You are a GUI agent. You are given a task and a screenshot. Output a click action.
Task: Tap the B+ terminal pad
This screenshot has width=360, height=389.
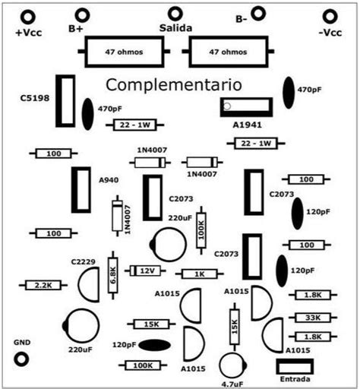point(81,14)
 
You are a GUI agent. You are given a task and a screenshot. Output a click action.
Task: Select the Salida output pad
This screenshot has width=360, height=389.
point(175,13)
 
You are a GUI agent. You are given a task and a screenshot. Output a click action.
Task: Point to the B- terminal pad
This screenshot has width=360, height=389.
point(258,13)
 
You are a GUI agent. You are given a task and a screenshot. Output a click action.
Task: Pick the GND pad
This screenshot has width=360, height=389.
point(23,359)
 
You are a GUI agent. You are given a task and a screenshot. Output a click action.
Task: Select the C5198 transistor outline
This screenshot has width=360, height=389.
point(66,101)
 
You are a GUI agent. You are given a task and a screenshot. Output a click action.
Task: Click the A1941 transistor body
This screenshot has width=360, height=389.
point(245,107)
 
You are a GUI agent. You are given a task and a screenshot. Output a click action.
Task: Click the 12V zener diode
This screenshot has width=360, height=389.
point(144,270)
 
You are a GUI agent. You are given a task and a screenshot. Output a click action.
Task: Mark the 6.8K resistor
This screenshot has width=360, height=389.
point(113,271)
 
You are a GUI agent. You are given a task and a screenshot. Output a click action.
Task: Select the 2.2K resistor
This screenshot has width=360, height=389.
point(37,285)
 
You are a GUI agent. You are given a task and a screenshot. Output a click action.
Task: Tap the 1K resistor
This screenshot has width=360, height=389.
point(198,274)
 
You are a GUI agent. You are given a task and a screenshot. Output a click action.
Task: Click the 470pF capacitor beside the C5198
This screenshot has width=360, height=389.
point(88,114)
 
